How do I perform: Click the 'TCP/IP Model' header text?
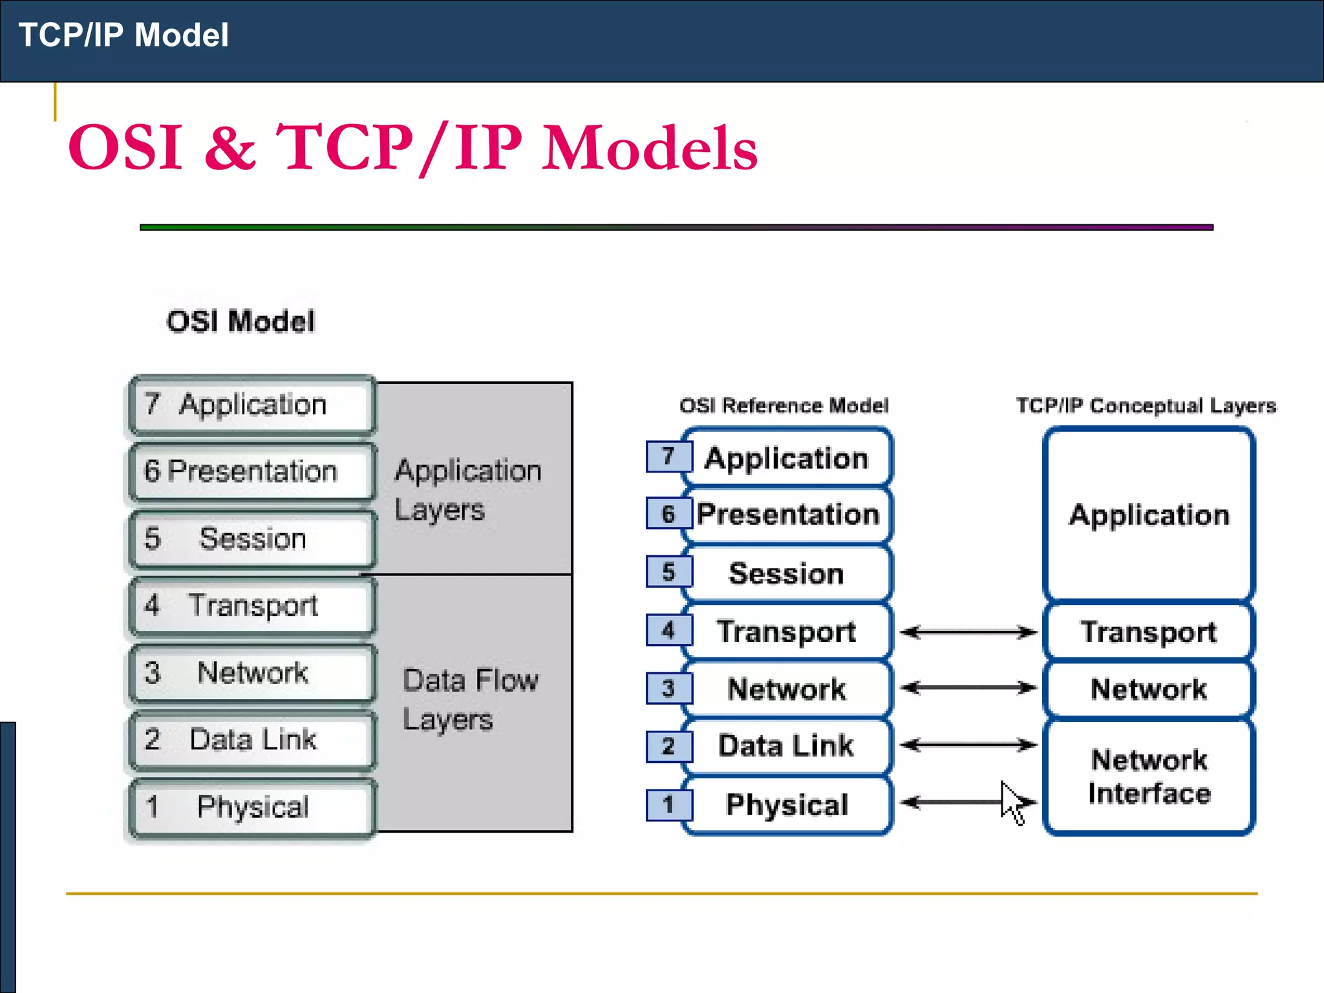(x=123, y=35)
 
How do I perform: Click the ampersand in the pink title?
(x=230, y=149)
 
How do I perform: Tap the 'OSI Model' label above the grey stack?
(x=240, y=321)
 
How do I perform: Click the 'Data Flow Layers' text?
(x=470, y=699)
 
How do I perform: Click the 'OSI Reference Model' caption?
(x=784, y=405)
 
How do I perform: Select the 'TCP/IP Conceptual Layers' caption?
(x=1146, y=405)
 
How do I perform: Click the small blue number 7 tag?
(x=668, y=456)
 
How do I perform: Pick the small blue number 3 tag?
(x=668, y=689)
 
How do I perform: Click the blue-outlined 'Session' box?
(x=787, y=573)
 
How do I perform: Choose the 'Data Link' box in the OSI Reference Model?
(x=787, y=746)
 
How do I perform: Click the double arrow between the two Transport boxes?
(x=968, y=632)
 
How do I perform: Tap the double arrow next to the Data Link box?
(x=968, y=745)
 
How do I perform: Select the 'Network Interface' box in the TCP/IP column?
(x=1149, y=776)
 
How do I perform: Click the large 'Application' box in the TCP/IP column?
(x=1149, y=515)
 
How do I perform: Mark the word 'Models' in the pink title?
(x=649, y=149)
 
